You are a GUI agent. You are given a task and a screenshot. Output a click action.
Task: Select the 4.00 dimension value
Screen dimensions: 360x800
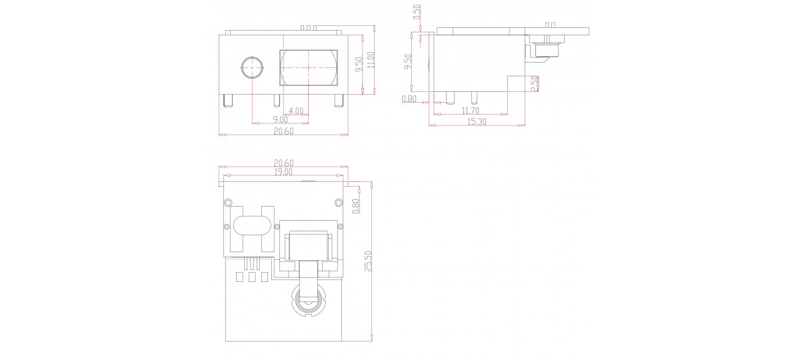[x=296, y=111]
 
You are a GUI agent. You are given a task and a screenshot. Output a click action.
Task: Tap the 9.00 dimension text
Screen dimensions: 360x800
[x=281, y=120]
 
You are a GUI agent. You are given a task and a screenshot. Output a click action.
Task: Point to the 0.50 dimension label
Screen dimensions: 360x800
[x=417, y=13]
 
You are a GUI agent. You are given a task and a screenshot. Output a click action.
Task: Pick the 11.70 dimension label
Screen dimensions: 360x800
[x=471, y=111]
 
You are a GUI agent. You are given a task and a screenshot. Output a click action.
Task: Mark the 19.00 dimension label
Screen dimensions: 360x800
[x=283, y=172]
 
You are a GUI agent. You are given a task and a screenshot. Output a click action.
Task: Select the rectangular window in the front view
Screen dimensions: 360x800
[x=309, y=67]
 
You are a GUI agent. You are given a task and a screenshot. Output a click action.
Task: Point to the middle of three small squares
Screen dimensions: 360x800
[x=252, y=277]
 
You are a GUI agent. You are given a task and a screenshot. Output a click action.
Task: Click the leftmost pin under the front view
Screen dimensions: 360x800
[x=227, y=101]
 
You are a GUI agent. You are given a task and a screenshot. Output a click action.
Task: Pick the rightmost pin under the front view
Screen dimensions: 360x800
[x=338, y=101]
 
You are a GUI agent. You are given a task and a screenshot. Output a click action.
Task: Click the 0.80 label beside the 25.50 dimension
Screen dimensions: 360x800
[x=355, y=206]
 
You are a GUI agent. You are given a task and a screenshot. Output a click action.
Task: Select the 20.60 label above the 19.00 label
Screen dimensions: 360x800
[x=283, y=163]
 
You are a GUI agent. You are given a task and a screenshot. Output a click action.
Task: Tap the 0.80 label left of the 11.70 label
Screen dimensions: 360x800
[x=409, y=99]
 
